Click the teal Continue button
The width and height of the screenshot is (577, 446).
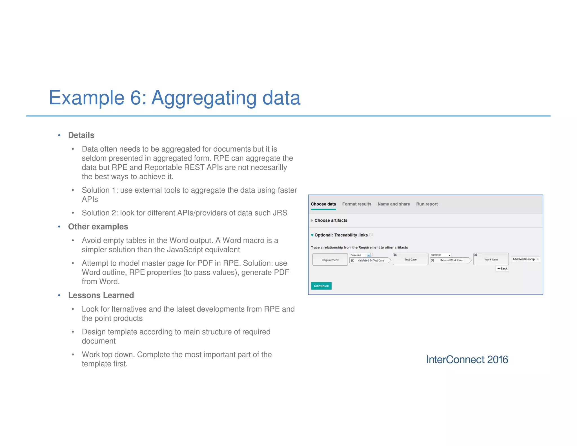click(321, 286)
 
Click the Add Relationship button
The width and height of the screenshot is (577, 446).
click(525, 259)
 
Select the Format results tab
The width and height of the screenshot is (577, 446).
click(356, 204)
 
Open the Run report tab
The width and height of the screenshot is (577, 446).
click(427, 204)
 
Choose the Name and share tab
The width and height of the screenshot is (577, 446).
click(393, 204)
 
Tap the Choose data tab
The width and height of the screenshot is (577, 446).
click(323, 204)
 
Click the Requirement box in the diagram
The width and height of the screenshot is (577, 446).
click(330, 260)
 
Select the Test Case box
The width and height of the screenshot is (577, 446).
click(410, 259)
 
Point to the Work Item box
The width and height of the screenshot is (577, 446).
click(491, 259)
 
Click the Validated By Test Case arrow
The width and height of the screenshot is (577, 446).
click(370, 260)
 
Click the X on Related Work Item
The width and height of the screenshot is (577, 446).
click(432, 260)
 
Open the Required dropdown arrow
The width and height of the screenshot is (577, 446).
click(369, 255)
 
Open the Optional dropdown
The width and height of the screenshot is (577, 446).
click(449, 255)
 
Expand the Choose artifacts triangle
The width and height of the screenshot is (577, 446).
click(312, 220)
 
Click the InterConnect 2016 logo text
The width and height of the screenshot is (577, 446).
click(467, 359)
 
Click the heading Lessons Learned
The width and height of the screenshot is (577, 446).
click(101, 295)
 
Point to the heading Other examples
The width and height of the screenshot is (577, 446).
click(98, 227)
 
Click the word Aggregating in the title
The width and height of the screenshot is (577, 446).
click(204, 98)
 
